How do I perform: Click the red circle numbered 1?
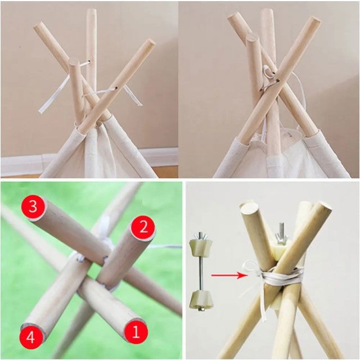click(x=136, y=332)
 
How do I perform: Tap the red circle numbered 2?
click(x=143, y=228)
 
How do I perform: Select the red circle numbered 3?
click(x=33, y=206)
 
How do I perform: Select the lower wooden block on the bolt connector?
click(x=200, y=299)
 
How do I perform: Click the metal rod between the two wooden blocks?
click(x=200, y=273)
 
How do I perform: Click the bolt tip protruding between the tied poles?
click(x=282, y=231)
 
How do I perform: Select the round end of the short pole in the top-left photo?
click(x=74, y=62)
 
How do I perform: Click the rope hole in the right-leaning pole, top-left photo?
click(x=116, y=88)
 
